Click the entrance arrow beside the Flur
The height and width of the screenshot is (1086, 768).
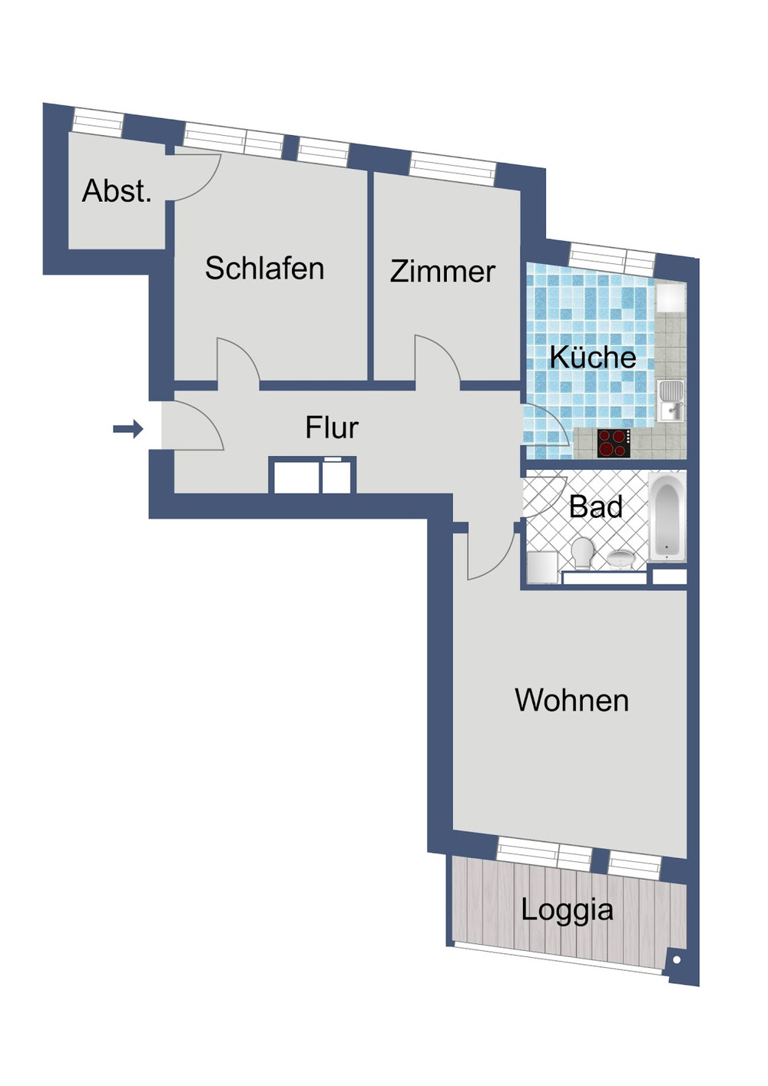tap(128, 428)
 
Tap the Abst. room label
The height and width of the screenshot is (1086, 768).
tap(117, 191)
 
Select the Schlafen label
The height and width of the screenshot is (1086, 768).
tap(264, 269)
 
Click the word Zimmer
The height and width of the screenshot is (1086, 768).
tap(442, 272)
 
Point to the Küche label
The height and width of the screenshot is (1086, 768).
tap(592, 358)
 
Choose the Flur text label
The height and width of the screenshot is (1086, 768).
tap(331, 428)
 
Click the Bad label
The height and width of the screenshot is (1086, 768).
tap(595, 507)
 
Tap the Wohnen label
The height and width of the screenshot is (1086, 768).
tap(571, 701)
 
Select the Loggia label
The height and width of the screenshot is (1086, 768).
tap(567, 910)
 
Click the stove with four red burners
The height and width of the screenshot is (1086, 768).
tap(613, 444)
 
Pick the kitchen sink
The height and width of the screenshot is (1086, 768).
tap(671, 400)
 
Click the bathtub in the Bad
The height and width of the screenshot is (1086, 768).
tap(667, 518)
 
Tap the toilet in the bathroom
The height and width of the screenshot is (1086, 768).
tap(583, 553)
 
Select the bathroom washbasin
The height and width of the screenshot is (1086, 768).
tap(621, 558)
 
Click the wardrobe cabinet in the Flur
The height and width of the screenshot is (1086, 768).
tap(312, 475)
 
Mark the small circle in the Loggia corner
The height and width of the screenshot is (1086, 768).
tap(677, 959)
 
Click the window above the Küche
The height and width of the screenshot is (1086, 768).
tap(611, 256)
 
